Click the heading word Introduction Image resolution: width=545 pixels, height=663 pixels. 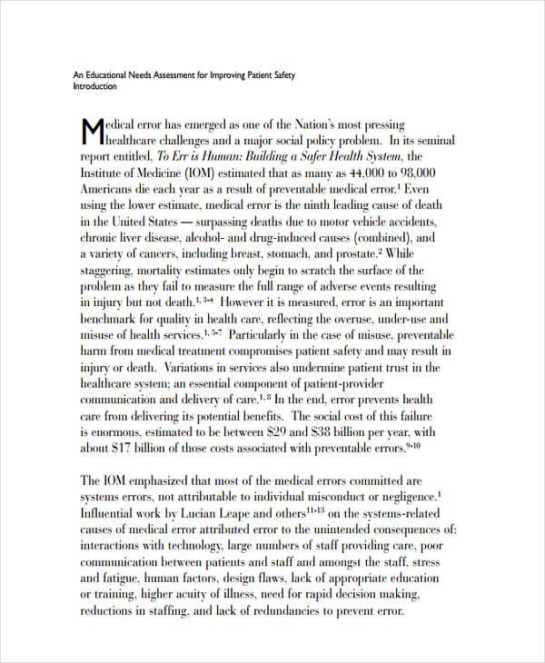coord(94,87)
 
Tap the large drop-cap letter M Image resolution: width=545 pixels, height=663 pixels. coord(93,132)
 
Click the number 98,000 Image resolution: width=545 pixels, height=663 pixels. coord(413,173)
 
